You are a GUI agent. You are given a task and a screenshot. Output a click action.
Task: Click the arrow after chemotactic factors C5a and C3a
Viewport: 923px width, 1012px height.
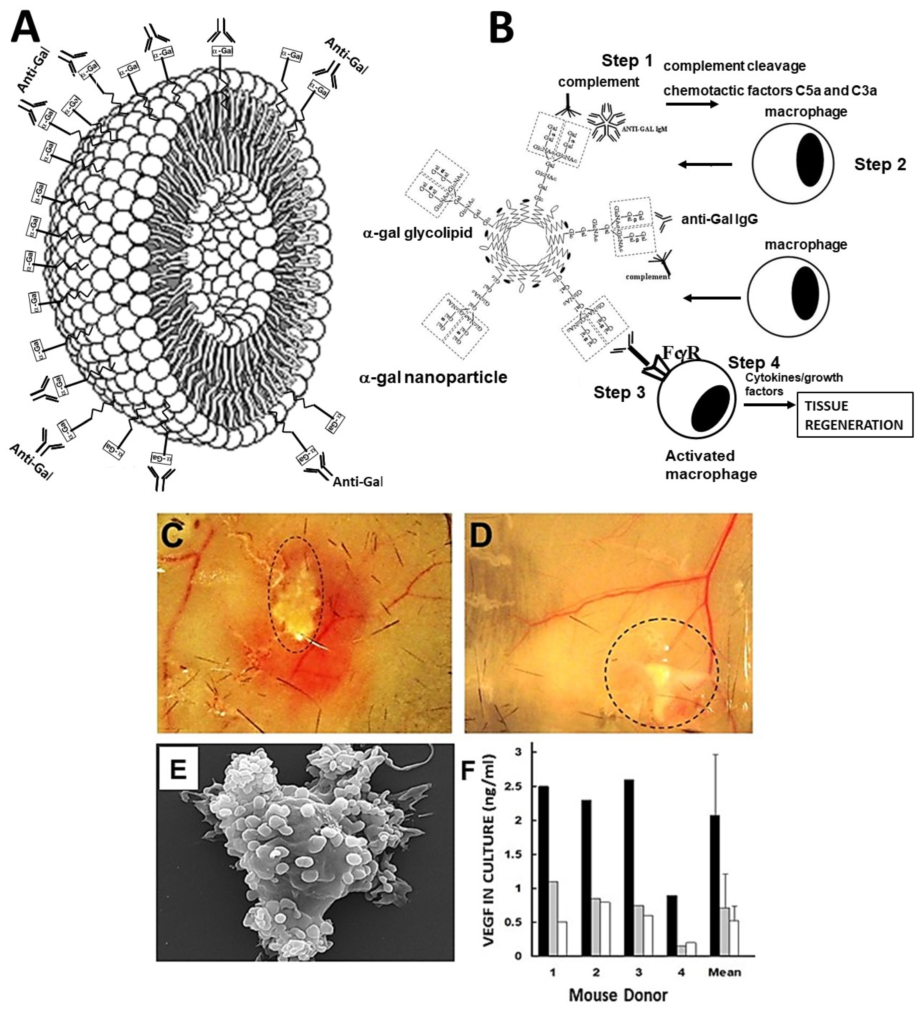692,104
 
